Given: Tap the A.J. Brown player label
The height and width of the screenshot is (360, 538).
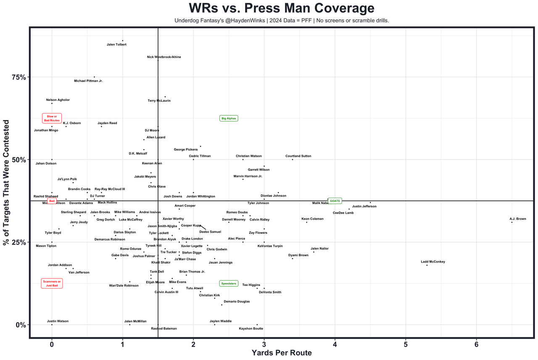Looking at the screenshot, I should (517, 219).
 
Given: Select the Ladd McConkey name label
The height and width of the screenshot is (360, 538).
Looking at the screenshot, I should (433, 262).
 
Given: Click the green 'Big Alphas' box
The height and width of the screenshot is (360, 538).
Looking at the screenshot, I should (229, 119).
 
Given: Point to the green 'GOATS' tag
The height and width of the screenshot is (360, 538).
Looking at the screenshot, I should (335, 201).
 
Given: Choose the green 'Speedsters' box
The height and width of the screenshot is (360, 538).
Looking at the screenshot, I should (229, 283).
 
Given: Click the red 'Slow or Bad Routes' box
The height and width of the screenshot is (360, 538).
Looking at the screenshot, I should (52, 118).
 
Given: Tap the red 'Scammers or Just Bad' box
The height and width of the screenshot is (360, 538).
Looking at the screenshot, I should (52, 283).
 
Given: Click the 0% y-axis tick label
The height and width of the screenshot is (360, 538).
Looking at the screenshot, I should (21, 325).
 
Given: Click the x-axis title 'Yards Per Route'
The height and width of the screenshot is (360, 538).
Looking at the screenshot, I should (281, 353).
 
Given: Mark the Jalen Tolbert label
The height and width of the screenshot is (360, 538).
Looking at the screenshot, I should (116, 44).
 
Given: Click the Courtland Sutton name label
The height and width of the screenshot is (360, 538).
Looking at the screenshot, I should (298, 156).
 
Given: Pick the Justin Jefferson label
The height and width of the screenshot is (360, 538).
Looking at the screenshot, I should (364, 206).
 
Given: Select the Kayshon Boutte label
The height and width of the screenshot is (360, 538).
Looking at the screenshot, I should (251, 328).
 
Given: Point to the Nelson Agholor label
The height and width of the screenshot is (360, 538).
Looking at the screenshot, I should (58, 100).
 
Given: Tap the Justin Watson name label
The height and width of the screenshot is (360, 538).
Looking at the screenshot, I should (58, 321).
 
